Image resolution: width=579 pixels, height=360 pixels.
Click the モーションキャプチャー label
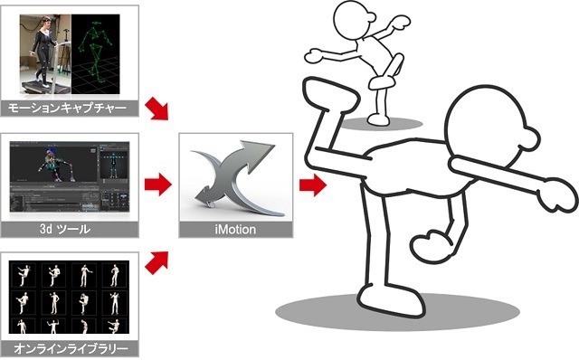coord(67,109)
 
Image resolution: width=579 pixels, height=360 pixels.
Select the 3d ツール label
coord(65,229)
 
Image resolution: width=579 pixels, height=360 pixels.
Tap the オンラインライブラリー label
coord(71,348)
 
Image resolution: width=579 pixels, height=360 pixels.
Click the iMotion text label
coord(235,229)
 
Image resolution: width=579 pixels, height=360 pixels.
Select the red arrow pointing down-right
coord(157,109)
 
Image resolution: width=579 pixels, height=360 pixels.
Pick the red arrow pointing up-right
coord(157,262)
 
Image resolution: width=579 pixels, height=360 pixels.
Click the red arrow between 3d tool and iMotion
coord(158,184)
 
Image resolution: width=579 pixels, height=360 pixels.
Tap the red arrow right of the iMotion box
coord(313,185)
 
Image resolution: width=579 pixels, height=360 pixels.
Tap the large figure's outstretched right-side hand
coord(558,195)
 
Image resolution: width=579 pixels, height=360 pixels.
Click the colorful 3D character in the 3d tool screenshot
coord(55,165)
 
